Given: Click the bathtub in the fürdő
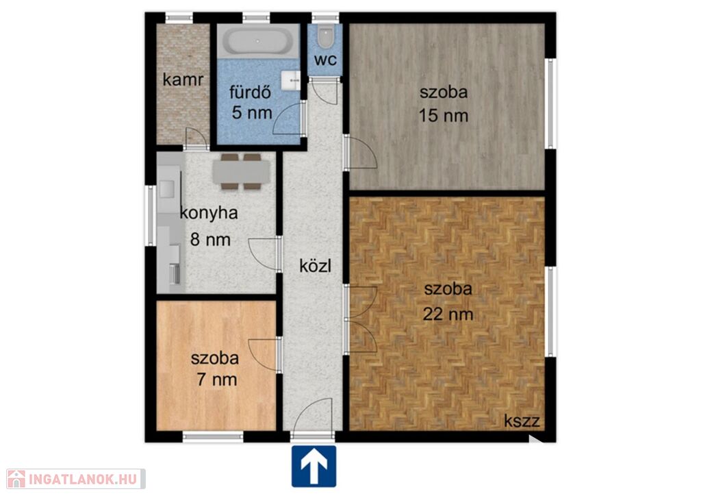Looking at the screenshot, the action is tap(258, 41).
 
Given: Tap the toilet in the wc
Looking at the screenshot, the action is tap(325, 37).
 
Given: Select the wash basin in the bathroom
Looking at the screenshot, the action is tap(291, 81).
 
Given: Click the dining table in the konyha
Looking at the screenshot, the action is tap(241, 172).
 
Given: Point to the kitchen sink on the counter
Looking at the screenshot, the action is tap(167, 189).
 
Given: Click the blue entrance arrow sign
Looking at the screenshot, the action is tap(314, 466).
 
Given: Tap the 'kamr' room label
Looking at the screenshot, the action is tap(183, 79).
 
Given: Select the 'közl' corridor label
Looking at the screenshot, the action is tap(315, 266).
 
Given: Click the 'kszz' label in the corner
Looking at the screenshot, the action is tap(522, 421).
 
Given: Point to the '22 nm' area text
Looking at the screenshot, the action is tap(448, 314).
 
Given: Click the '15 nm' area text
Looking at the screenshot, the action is tap(444, 116).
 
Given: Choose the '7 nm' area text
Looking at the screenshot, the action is tap(217, 380).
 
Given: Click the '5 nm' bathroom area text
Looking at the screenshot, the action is tap(252, 112).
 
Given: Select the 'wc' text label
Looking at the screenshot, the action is tap(325, 60).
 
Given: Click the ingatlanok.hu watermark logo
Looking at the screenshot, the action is tap(76, 479).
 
